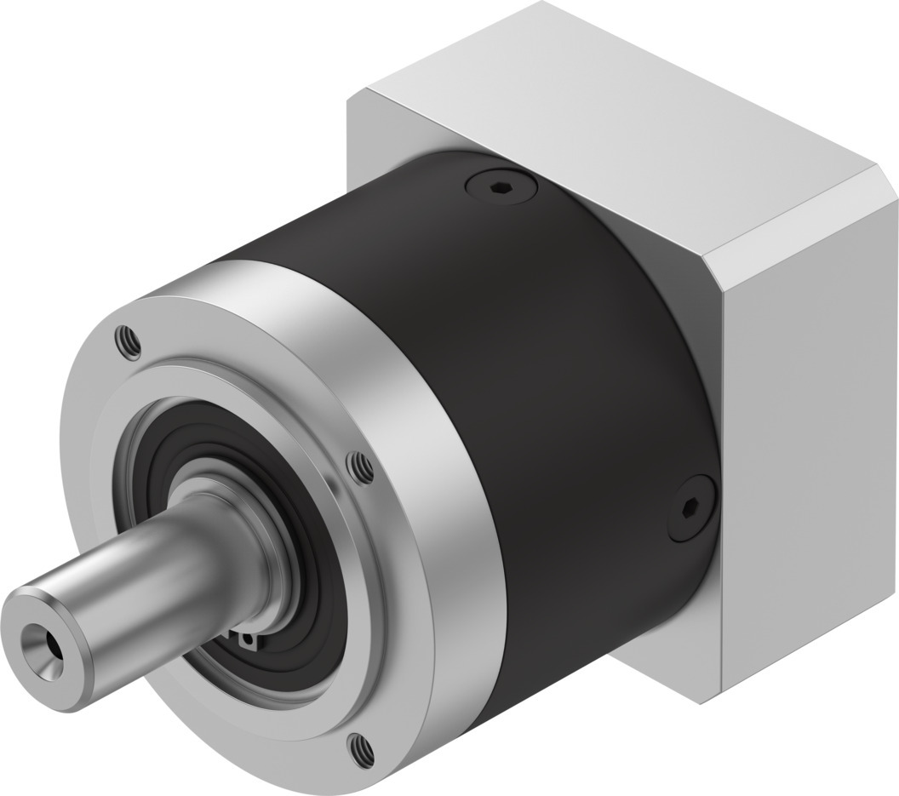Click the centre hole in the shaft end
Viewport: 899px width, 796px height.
click(x=38, y=636)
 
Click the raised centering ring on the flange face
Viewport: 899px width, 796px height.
click(x=170, y=426)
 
